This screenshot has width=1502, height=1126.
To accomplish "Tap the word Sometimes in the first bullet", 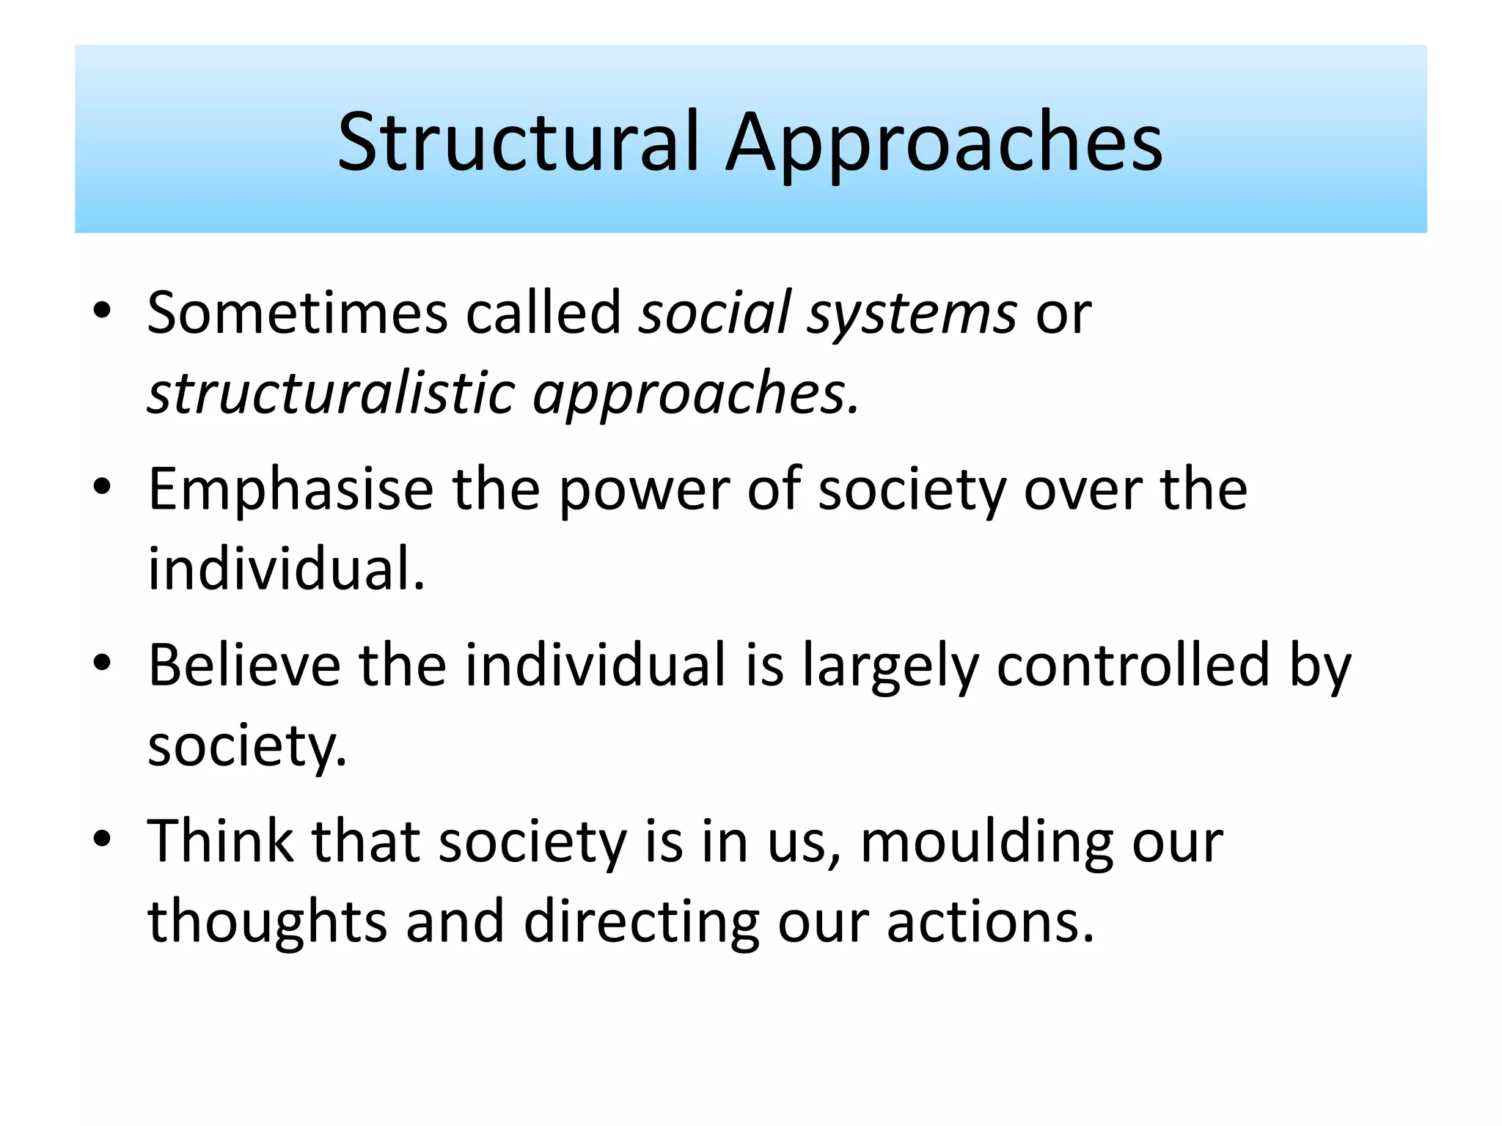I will [297, 313].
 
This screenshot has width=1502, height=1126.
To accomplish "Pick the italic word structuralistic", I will [331, 394].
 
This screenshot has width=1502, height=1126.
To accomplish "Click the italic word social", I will [715, 313].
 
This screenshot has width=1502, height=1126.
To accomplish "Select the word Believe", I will [244, 666].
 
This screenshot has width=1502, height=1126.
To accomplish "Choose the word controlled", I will [1133, 666].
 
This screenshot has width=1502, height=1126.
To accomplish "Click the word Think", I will [220, 841].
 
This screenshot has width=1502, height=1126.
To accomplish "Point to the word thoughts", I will [267, 922].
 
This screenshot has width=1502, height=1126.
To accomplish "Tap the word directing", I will [642, 922].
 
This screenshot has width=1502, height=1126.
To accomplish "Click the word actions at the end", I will [990, 922].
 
